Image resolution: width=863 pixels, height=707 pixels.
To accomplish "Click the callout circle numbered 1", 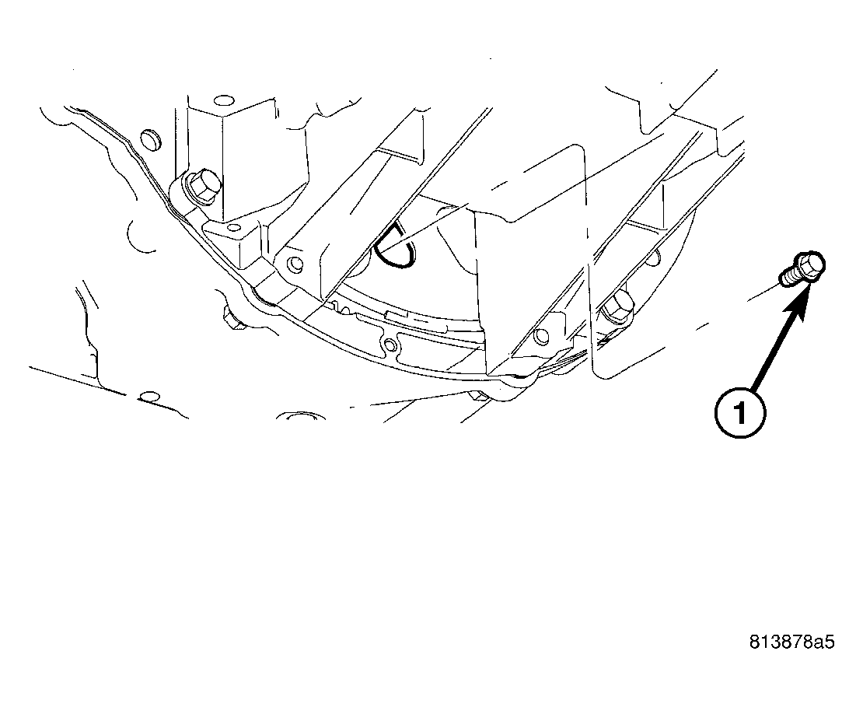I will tap(739, 412).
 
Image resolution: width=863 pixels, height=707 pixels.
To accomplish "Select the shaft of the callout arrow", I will tap(777, 342).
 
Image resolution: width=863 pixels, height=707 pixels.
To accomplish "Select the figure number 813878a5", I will tap(791, 642).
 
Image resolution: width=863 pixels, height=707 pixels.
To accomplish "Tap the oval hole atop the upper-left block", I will tap(223, 101).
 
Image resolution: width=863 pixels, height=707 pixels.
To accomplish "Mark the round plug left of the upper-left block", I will tap(151, 140).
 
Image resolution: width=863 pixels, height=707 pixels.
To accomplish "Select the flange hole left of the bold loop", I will tap(293, 261).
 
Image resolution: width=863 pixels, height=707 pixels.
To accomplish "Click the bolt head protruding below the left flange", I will tap(232, 318).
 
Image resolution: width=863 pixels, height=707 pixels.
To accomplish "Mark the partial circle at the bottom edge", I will tap(299, 417).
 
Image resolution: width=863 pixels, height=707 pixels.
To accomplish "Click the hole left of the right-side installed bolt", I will tap(540, 335).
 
